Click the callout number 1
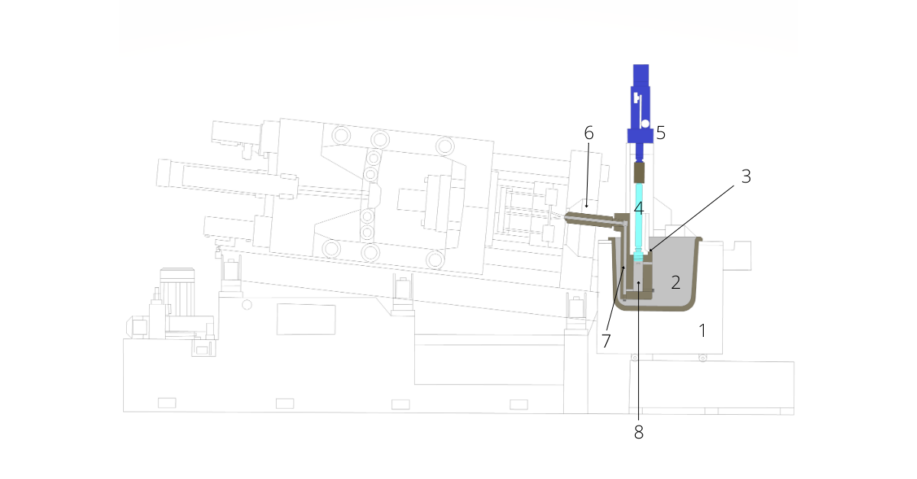(x=702, y=330)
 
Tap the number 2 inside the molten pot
(x=676, y=283)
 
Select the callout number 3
(x=747, y=176)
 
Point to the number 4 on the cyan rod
(x=639, y=209)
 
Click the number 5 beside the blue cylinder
(x=661, y=133)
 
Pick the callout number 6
(x=588, y=133)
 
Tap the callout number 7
(x=606, y=341)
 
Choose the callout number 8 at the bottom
(x=639, y=432)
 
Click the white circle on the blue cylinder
(x=645, y=124)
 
